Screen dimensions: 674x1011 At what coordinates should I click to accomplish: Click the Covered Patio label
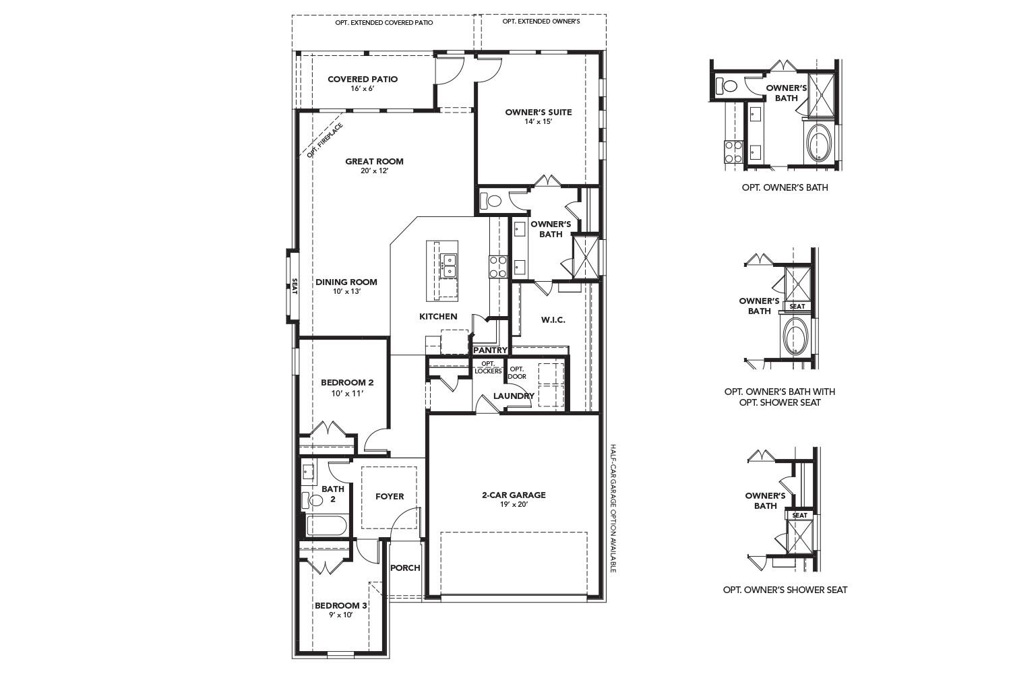pyautogui.click(x=363, y=79)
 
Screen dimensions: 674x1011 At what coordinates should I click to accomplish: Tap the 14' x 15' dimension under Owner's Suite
pyautogui.click(x=538, y=122)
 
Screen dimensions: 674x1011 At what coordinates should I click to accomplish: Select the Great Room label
pyautogui.click(x=374, y=161)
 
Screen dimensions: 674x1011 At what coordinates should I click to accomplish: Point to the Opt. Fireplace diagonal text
pyautogui.click(x=325, y=140)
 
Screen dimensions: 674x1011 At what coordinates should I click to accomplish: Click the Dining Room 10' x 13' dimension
pyautogui.click(x=346, y=292)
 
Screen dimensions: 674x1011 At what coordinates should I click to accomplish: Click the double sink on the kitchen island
pyautogui.click(x=448, y=265)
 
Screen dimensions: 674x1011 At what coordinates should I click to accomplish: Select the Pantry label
pyautogui.click(x=490, y=350)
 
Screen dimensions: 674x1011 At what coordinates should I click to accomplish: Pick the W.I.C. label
pyautogui.click(x=553, y=319)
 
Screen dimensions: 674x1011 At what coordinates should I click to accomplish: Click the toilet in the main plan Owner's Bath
pyautogui.click(x=492, y=201)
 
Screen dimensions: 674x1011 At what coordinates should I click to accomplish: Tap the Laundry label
pyautogui.click(x=514, y=396)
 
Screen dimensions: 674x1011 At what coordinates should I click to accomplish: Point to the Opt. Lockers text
pyautogui.click(x=488, y=367)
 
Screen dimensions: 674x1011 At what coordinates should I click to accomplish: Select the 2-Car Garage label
pyautogui.click(x=514, y=495)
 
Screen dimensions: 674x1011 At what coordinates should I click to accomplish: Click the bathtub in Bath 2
pyautogui.click(x=326, y=526)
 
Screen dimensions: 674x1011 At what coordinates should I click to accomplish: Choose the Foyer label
pyautogui.click(x=390, y=496)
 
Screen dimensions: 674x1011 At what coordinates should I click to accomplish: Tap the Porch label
pyautogui.click(x=406, y=568)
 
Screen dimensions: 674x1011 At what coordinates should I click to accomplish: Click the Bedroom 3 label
pyautogui.click(x=341, y=605)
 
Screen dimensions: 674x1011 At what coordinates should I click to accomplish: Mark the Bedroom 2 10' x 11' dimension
pyautogui.click(x=347, y=393)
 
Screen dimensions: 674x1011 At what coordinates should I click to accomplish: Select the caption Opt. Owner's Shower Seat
pyautogui.click(x=785, y=590)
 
